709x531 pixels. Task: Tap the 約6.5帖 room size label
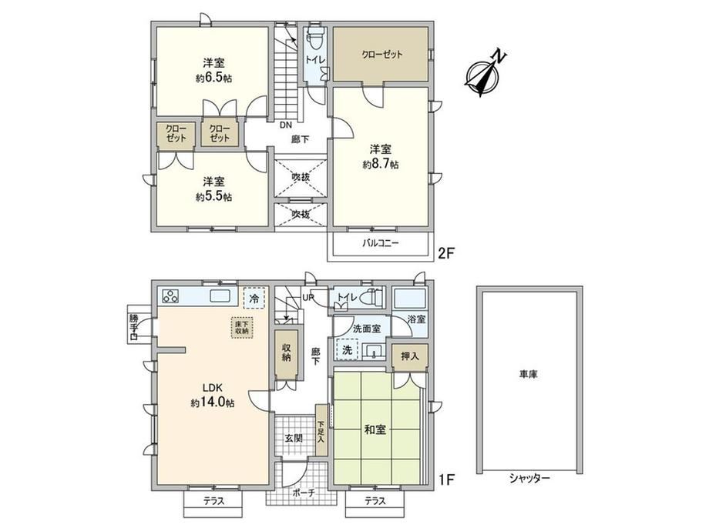[214, 78]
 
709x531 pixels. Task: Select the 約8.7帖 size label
[380, 164]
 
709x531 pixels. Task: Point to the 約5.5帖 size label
[214, 197]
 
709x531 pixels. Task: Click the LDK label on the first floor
[211, 387]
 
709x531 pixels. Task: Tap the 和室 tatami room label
[375, 429]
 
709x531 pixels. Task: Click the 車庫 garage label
[528, 374]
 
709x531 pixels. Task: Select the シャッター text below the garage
[529, 478]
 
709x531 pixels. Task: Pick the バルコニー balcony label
[380, 243]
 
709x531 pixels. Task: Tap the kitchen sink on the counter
[223, 297]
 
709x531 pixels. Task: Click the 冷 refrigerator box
[254, 298]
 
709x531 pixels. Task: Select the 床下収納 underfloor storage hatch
[242, 327]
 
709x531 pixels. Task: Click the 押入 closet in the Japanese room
[410, 357]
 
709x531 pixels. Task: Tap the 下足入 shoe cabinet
[321, 430]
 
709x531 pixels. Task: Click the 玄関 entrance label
[294, 438]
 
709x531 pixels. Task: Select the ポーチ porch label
[304, 493]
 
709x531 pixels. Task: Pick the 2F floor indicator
[446, 254]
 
